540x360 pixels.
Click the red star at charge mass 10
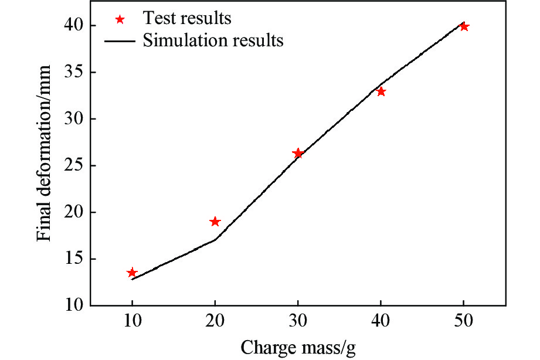132,273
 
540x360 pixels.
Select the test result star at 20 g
215,222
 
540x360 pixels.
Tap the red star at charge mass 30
298,154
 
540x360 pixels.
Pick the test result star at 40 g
381,91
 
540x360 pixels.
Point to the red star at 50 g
464,26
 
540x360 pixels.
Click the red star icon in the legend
120,19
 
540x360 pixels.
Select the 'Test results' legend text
187,18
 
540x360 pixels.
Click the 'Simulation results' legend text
213,40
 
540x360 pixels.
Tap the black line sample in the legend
120,41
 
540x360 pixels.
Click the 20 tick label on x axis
215,322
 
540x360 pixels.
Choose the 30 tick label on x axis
298,322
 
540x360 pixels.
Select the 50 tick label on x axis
464,322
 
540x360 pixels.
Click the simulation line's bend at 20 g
215,239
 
